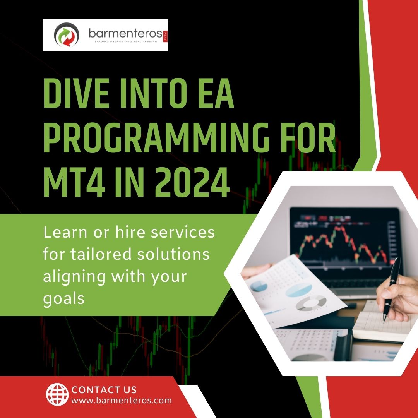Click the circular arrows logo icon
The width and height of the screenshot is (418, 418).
(x=67, y=35)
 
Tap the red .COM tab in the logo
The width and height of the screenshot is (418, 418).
(x=166, y=35)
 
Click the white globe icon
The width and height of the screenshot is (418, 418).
(x=57, y=394)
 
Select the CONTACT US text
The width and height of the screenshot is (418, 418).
(x=104, y=389)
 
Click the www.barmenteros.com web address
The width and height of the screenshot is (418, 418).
(x=122, y=400)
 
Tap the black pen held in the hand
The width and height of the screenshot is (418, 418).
(x=391, y=288)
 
